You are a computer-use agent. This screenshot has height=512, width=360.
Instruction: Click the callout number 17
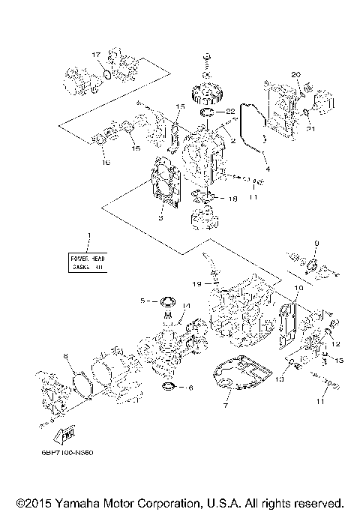[95, 55]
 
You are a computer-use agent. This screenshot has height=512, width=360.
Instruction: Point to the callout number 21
[311, 129]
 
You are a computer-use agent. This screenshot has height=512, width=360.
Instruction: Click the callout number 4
[267, 169]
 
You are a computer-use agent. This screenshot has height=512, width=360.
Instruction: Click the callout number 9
[316, 243]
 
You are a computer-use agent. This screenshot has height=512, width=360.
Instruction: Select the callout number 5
[142, 301]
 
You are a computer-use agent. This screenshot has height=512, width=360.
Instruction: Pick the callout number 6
[190, 388]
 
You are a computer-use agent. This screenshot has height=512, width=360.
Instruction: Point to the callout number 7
[224, 406]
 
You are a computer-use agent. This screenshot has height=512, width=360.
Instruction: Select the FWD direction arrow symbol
[64, 433]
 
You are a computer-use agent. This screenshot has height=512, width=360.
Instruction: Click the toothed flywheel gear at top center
[205, 94]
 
